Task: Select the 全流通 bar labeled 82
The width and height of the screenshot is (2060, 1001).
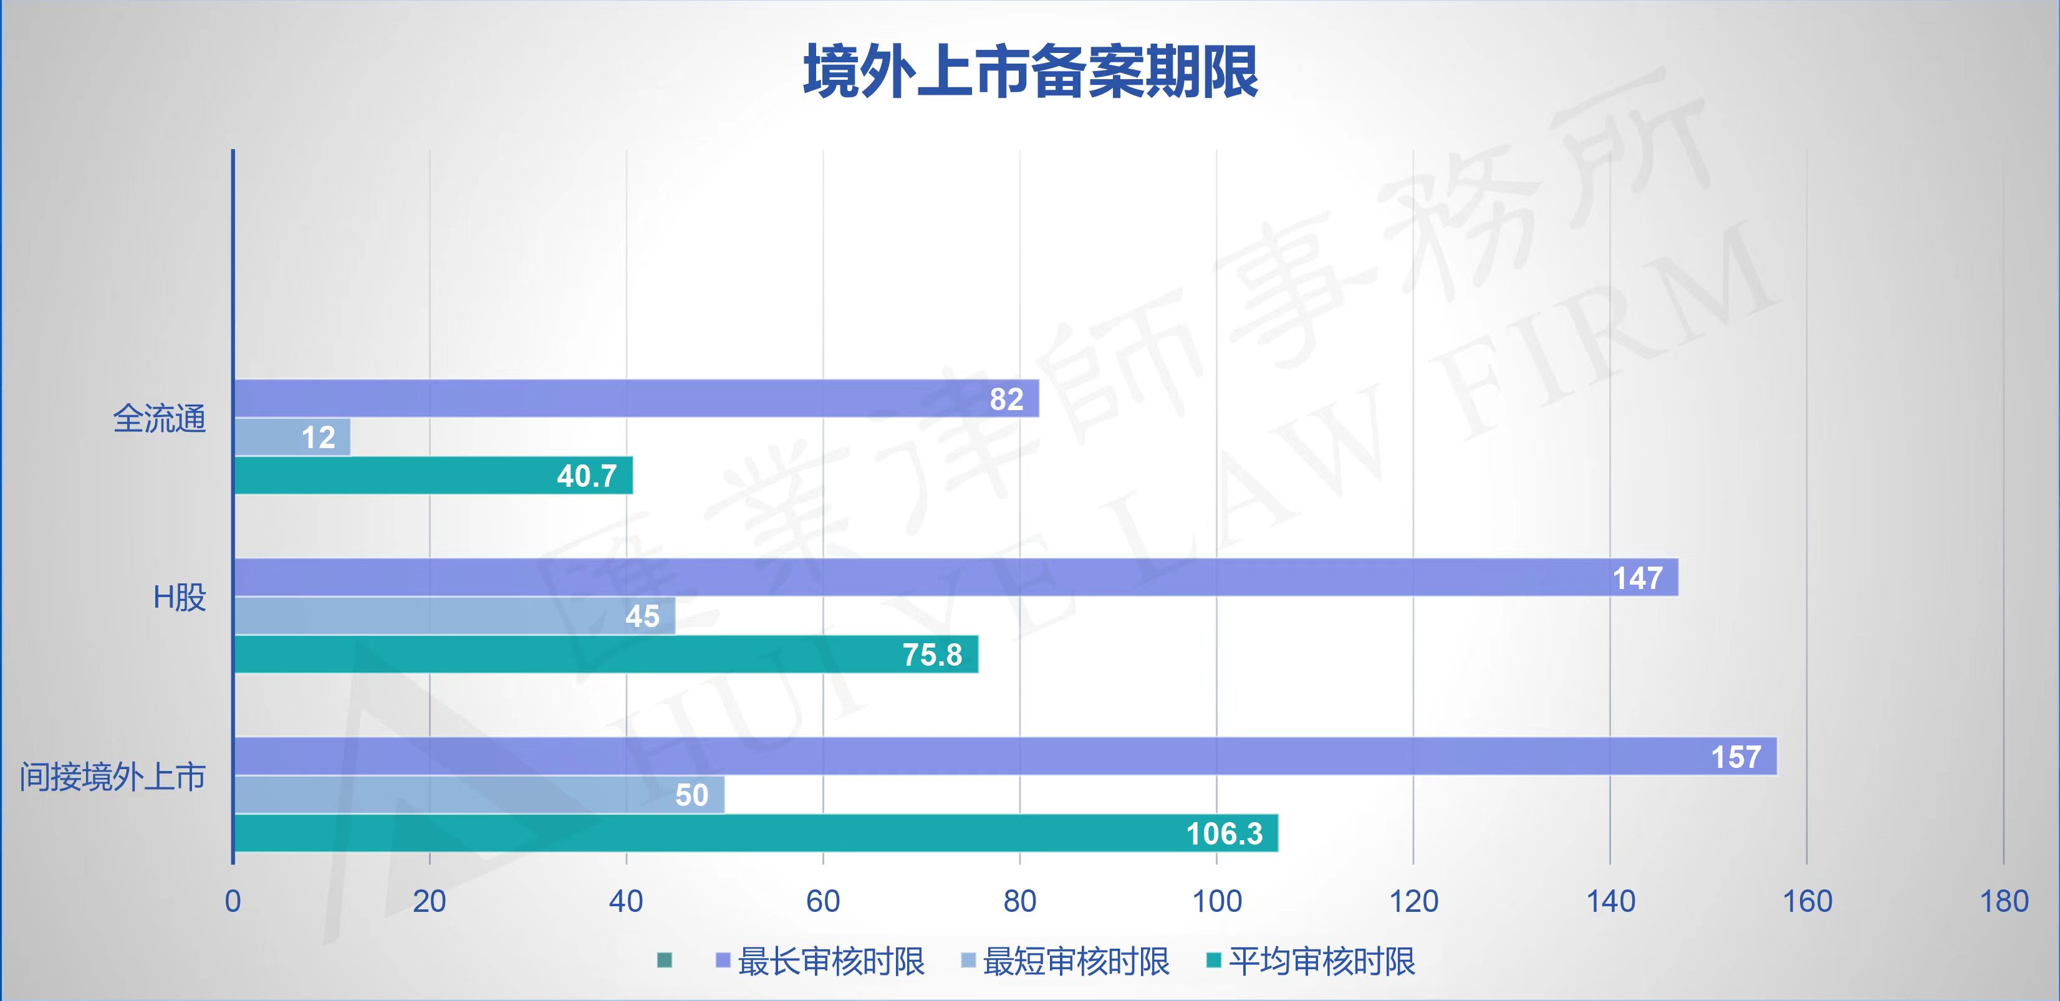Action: (x=636, y=398)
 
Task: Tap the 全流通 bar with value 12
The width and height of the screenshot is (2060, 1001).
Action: (x=292, y=438)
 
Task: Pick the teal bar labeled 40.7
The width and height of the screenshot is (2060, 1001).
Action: (x=433, y=476)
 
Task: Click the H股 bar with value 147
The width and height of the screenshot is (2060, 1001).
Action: (x=956, y=577)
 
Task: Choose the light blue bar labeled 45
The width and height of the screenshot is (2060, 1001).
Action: (x=455, y=616)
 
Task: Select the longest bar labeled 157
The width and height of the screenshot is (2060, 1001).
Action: (x=1004, y=756)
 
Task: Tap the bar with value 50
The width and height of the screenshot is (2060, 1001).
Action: (x=478, y=795)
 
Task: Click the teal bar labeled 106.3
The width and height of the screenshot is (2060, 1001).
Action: (x=756, y=833)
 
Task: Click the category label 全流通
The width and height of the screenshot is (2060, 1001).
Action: (x=159, y=418)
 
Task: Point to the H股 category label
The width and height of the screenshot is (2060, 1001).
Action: (x=179, y=597)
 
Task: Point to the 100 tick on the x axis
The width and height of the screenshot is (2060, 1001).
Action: (x=1216, y=901)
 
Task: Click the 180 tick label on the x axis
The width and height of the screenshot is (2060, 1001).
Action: (x=2003, y=901)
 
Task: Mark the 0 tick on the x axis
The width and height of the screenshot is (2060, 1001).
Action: (x=233, y=901)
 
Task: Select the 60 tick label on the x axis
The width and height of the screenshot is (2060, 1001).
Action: (x=823, y=901)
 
